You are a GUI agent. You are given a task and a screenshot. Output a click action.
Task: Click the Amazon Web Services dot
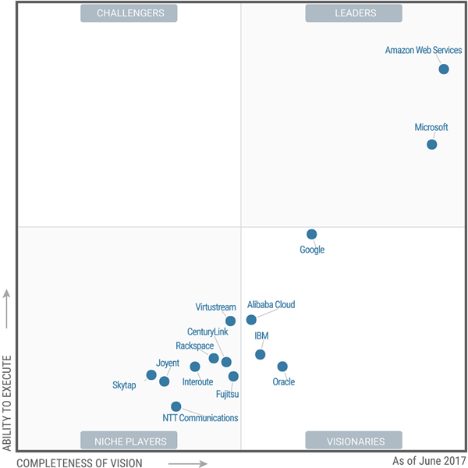tap(444, 69)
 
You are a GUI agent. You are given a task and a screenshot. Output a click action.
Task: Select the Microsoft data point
tap(432, 144)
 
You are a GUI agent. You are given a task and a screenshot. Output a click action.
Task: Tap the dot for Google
tap(312, 234)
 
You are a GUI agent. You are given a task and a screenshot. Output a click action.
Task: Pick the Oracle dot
tap(282, 367)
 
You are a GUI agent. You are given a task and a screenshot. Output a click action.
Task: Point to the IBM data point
tap(261, 354)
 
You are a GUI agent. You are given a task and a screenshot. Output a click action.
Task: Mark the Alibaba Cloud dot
tap(251, 320)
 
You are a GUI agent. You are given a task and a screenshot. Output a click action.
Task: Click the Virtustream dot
tap(230, 321)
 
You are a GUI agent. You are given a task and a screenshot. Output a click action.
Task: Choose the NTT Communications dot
tap(176, 406)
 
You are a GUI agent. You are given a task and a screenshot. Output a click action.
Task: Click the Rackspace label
tap(195, 346)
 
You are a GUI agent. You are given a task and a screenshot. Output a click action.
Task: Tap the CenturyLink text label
tap(207, 332)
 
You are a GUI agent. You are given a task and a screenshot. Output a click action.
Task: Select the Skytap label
tap(125, 385)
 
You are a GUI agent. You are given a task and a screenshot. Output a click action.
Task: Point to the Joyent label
tap(168, 363)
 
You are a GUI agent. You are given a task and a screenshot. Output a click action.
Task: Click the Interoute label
tap(197, 382)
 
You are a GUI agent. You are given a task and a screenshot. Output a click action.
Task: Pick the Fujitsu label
tap(228, 395)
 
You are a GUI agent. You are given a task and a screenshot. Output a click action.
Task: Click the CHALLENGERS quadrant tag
tap(129, 13)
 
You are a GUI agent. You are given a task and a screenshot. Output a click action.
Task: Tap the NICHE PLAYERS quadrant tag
tap(130, 441)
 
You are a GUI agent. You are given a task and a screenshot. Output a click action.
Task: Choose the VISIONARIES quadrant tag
tap(354, 441)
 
